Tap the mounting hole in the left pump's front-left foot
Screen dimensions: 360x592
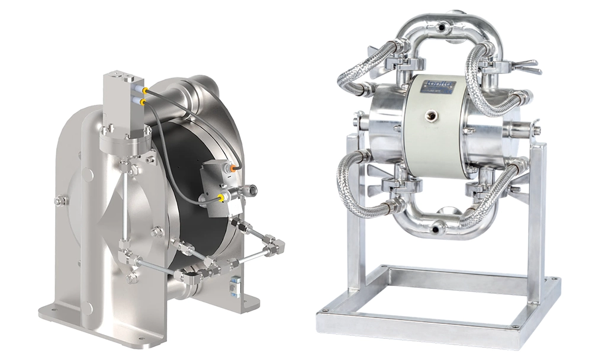51,308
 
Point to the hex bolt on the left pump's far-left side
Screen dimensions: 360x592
58,201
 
